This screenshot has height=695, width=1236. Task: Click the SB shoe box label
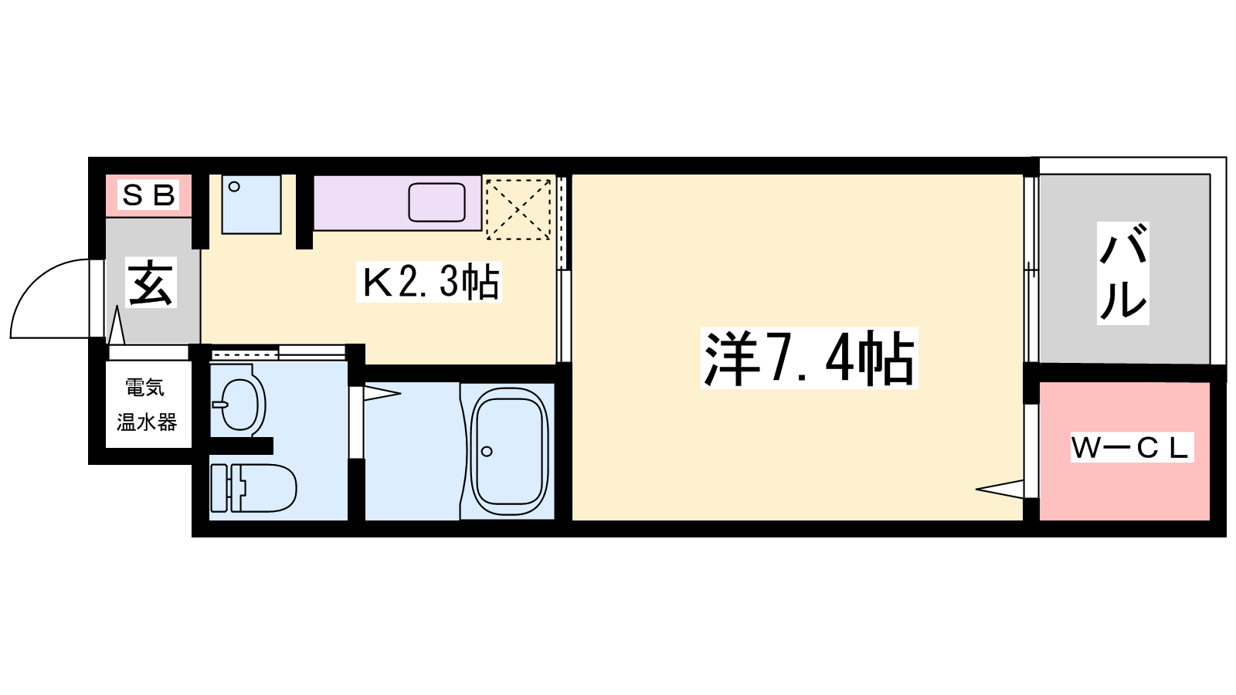coord(148,195)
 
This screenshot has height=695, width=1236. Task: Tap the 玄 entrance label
coord(151,283)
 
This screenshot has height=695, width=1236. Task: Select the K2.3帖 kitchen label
coord(429,282)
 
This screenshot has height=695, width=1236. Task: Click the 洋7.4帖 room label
coord(809,358)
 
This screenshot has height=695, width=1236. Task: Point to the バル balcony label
coord(1123,273)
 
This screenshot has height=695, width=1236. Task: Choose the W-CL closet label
coord(1132,447)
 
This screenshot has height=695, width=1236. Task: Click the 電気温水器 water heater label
coord(147,405)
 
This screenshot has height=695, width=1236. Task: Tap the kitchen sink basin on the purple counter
coord(436,202)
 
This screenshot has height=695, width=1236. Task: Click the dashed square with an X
coord(518,209)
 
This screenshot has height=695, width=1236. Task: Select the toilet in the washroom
coord(254,487)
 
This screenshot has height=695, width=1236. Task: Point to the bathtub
coord(508,451)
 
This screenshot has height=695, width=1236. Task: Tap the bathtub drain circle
coord(486,452)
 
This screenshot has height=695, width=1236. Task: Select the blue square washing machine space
coord(252,205)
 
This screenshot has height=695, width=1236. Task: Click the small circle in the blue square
coord(234,187)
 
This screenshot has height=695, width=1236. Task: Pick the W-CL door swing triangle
coord(1000,489)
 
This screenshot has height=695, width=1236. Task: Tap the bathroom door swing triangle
coord(382,394)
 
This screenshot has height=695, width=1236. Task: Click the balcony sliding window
coord(1031,270)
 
